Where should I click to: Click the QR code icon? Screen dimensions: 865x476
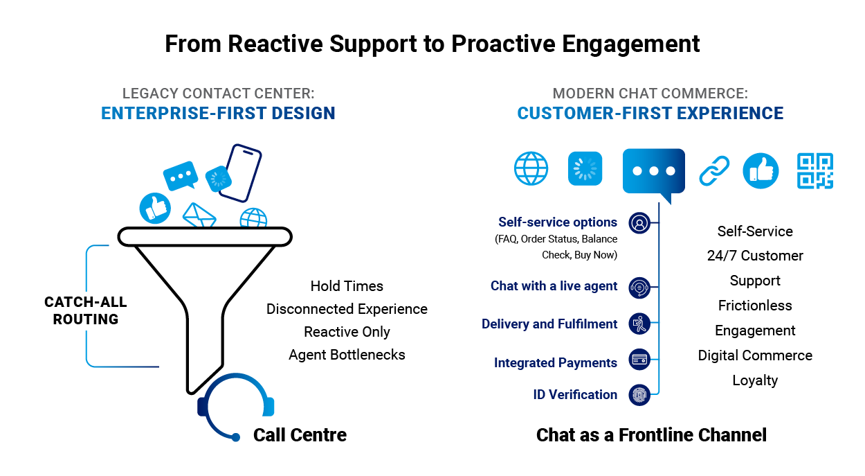[814, 171]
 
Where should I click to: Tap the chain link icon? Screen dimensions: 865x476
[714, 171]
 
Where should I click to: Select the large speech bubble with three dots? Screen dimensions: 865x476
[654, 172]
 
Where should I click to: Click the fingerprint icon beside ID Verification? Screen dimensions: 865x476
[639, 395]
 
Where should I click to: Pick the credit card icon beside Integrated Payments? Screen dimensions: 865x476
[639, 360]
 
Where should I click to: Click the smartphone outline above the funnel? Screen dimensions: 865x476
[240, 173]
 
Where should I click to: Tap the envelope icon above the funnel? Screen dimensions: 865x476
[199, 215]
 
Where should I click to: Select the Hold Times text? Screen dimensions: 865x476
[347, 286]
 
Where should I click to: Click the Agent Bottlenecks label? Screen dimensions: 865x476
[347, 355]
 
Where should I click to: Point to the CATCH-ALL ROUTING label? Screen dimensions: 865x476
[85, 310]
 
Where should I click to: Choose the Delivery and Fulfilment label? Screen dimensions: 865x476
[549, 324]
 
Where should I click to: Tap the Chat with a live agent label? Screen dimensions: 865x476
[554, 285]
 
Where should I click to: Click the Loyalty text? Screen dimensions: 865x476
[755, 380]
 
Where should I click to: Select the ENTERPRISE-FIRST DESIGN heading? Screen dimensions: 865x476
[218, 114]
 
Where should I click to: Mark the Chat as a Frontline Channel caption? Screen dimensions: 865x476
[651, 435]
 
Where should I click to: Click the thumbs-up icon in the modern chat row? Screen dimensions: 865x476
[761, 171]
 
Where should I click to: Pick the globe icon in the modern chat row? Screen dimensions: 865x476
[531, 168]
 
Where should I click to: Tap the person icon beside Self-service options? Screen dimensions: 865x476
[639, 223]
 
